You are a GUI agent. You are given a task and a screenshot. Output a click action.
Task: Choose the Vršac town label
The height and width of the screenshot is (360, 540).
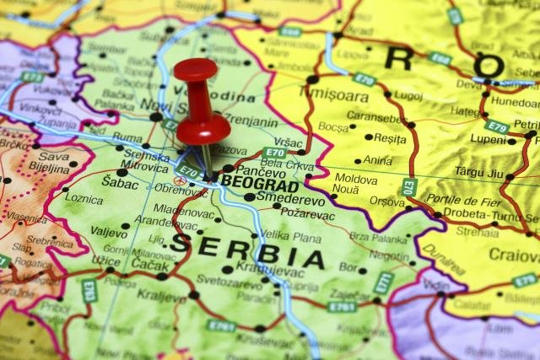(x=289, y=142)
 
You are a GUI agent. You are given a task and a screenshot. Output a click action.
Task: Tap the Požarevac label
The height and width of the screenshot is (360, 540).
(x=309, y=215)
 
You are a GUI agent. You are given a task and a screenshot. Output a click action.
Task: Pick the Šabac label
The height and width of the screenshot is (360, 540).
(x=120, y=181)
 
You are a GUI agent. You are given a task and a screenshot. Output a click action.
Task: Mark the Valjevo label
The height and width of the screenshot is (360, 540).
(x=109, y=230)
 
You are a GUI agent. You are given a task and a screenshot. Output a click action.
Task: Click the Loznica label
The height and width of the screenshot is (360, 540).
(x=84, y=200)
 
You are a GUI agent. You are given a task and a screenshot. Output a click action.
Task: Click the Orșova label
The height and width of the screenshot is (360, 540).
(x=387, y=201)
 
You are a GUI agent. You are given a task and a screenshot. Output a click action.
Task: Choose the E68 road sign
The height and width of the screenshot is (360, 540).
(x=440, y=59)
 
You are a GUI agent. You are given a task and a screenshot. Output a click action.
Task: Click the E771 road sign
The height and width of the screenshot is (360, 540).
(x=382, y=283)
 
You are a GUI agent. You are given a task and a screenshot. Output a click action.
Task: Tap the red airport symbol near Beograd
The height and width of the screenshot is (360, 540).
(x=178, y=180)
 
